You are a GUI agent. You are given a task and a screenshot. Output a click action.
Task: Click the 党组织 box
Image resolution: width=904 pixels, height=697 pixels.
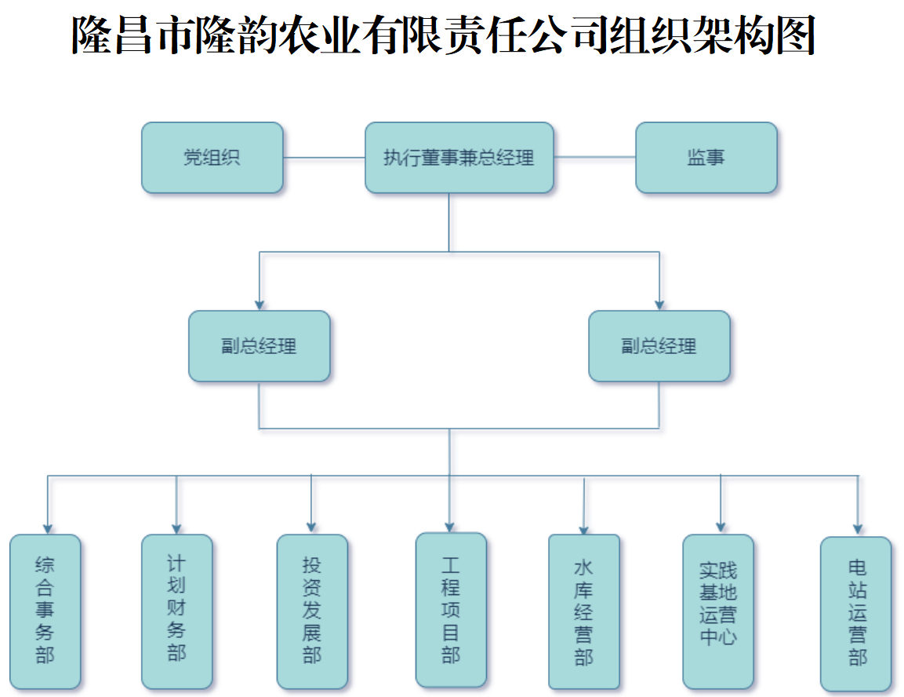coord(212,158)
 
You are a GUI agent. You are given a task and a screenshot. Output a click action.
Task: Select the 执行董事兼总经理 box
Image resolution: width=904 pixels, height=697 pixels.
coord(459,158)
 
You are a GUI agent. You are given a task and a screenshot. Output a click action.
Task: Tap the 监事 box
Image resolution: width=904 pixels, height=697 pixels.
coord(706,158)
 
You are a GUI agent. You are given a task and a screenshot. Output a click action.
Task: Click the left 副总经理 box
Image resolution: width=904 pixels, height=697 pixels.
coord(259,346)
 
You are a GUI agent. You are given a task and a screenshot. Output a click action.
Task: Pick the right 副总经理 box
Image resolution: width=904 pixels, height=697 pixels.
coord(659,346)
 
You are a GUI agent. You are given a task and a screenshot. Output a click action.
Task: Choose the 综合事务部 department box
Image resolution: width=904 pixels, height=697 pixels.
coord(45,611)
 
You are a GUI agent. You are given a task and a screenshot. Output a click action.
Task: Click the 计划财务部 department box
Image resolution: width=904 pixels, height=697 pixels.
coord(176,611)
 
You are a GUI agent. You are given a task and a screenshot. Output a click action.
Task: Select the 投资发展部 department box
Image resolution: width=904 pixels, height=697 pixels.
coord(312,611)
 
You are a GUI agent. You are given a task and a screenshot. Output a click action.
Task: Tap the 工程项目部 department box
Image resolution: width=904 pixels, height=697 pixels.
coord(450,610)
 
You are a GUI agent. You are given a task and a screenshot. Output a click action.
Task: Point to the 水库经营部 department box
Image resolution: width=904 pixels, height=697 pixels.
coord(583,611)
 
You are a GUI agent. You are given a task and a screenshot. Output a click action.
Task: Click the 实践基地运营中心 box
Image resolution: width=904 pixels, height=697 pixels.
coord(718,611)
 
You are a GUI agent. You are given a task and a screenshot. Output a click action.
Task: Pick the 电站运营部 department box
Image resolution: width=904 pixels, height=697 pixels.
coord(856,613)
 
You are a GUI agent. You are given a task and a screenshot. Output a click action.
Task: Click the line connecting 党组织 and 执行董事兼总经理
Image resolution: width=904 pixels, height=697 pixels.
coord(324,158)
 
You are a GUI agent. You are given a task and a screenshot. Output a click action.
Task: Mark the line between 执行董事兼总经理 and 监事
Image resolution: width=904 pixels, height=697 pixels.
coord(594,158)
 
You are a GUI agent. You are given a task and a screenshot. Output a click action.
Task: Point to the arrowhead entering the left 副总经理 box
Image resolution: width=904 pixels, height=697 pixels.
coord(260,305)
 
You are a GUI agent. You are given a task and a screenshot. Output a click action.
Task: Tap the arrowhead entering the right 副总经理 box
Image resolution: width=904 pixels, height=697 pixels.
coord(659,305)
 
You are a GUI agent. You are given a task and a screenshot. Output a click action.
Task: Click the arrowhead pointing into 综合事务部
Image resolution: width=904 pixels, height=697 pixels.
coord(48,528)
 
